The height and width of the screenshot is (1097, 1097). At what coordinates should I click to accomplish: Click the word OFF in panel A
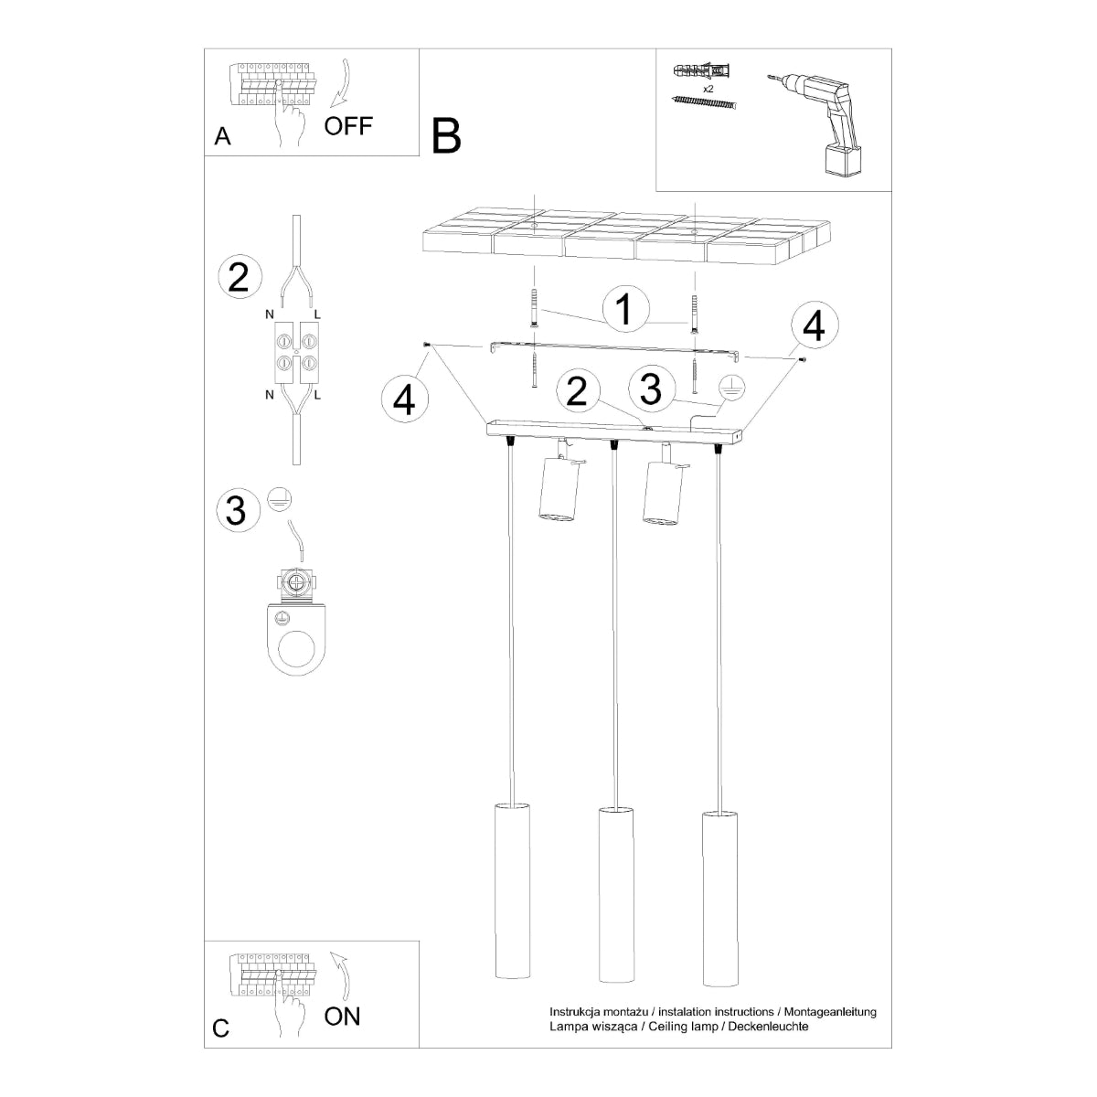pyautogui.click(x=348, y=125)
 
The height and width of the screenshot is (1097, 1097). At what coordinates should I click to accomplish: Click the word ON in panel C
pyautogui.click(x=342, y=1015)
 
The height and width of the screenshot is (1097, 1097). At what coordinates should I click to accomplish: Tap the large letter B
pyautogui.click(x=447, y=135)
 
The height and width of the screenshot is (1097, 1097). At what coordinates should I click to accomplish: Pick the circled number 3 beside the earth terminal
pyautogui.click(x=236, y=509)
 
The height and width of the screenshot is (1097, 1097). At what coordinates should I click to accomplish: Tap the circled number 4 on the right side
pyautogui.click(x=814, y=325)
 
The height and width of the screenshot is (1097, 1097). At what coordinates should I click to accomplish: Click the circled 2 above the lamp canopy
pyautogui.click(x=576, y=390)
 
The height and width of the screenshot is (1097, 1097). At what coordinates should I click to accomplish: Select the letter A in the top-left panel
pyautogui.click(x=222, y=137)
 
